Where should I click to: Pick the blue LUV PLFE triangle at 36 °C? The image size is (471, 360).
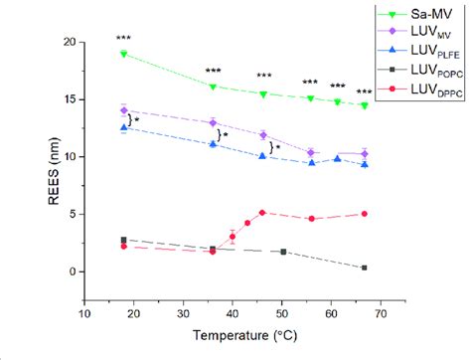(213, 144)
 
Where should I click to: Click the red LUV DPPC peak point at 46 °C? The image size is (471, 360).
(261, 212)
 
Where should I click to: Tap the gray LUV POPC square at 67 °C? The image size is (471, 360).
(365, 268)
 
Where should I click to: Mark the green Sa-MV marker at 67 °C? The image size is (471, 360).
(365, 105)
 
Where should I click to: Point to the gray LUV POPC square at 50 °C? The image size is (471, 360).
(283, 252)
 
